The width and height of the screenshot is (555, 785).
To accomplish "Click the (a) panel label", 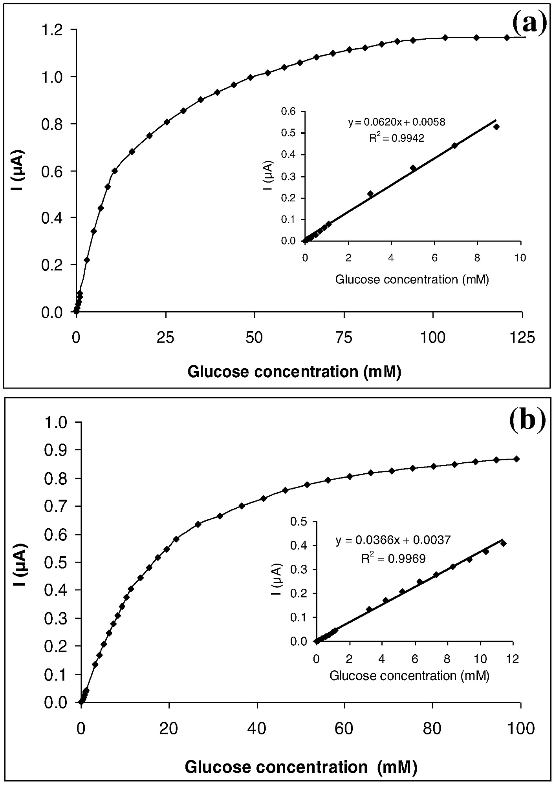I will click(530, 24).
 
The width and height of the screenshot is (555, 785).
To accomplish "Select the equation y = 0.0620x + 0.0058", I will click(397, 122).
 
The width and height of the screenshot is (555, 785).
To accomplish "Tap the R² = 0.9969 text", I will click(393, 559).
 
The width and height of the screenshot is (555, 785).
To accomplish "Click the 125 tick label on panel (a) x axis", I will click(522, 338).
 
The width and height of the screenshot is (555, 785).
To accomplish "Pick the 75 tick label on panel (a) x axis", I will click(344, 338).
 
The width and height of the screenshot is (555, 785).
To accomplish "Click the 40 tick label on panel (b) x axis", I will click(257, 729).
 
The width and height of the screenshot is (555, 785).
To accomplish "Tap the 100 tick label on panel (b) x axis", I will click(520, 729).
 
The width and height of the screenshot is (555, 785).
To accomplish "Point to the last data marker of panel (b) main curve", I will click(517, 459).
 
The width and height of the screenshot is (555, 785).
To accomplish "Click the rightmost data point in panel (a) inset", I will click(496, 127).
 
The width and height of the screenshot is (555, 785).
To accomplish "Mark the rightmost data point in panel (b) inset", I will click(503, 544).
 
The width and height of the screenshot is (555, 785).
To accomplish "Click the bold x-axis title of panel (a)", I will click(294, 371).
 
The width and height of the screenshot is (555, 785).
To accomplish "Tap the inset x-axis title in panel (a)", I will click(412, 279).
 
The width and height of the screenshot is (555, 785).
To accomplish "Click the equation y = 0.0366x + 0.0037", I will click(393, 540).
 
